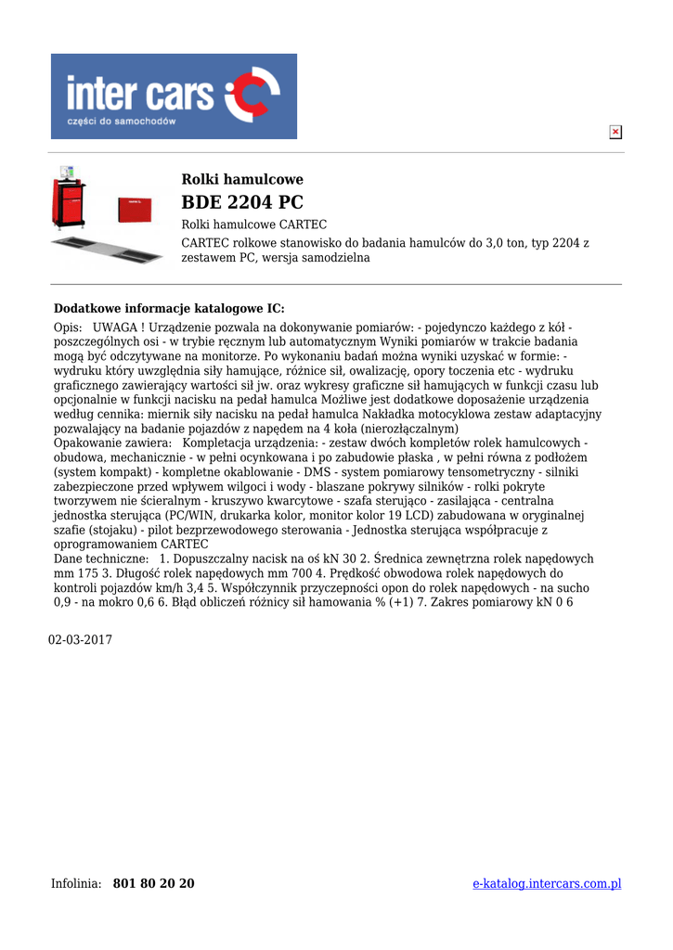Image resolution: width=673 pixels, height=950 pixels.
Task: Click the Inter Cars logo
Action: pos(174,96)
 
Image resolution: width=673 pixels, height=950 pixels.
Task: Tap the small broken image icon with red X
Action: pos(615,133)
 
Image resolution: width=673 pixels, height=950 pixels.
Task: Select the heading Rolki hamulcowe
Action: pos(241,179)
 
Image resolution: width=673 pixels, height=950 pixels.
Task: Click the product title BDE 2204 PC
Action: pos(241,202)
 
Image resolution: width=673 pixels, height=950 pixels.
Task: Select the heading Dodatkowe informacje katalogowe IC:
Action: pos(169,308)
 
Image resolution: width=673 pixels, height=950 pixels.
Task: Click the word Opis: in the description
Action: pos(69,327)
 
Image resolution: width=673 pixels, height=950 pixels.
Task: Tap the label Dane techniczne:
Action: pos(101,559)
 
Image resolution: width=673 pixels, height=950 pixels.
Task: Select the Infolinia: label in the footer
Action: pos(76,883)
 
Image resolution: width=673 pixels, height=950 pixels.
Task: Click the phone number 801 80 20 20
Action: pos(153,883)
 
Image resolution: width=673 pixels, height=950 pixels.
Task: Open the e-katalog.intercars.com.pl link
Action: pos(547,883)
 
